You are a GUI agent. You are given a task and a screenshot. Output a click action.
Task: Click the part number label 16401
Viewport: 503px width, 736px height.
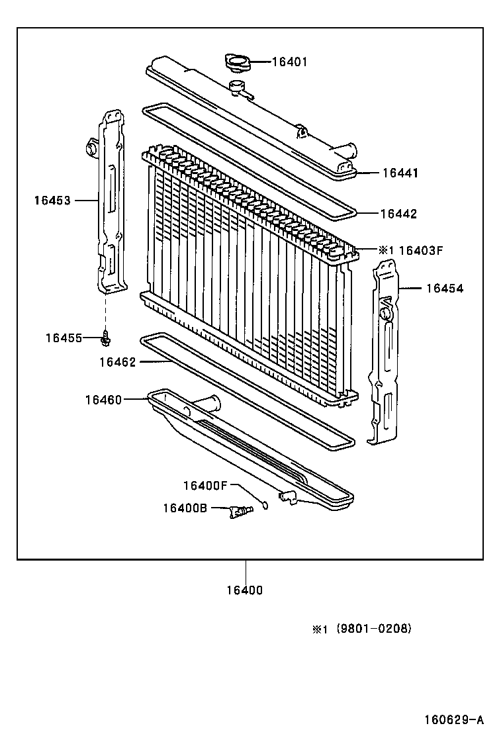pyautogui.click(x=291, y=62)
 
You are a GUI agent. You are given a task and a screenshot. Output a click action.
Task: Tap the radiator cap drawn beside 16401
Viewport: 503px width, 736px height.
pyautogui.click(x=238, y=62)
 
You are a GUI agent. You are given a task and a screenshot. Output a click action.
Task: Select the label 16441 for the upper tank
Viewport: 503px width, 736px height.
pyautogui.click(x=400, y=173)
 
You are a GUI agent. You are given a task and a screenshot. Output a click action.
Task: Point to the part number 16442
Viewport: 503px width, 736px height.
pyautogui.click(x=398, y=214)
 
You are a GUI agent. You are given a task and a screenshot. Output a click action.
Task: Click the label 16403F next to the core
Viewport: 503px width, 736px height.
pyautogui.click(x=420, y=250)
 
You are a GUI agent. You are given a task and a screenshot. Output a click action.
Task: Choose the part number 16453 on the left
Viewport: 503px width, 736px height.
pyautogui.click(x=52, y=199)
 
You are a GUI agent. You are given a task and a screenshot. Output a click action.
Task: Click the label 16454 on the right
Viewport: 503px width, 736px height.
pyautogui.click(x=444, y=288)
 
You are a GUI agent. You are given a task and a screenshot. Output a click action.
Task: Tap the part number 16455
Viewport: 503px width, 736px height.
pyautogui.click(x=64, y=338)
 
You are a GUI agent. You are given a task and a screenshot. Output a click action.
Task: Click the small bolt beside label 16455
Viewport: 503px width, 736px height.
pyautogui.click(x=105, y=338)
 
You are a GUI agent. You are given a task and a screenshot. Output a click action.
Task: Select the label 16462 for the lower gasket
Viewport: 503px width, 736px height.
pyautogui.click(x=117, y=362)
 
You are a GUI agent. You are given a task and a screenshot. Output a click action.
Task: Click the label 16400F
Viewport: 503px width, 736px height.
pyautogui.click(x=205, y=486)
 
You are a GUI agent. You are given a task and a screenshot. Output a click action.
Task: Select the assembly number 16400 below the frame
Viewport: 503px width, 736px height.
pyautogui.click(x=245, y=590)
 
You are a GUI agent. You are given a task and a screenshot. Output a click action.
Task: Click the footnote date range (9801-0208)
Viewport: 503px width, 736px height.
pyautogui.click(x=374, y=629)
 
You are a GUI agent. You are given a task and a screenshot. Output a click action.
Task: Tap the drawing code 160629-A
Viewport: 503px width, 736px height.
pyautogui.click(x=454, y=719)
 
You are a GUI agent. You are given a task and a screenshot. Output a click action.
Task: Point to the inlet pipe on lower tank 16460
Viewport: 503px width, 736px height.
pyautogui.click(x=209, y=404)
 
